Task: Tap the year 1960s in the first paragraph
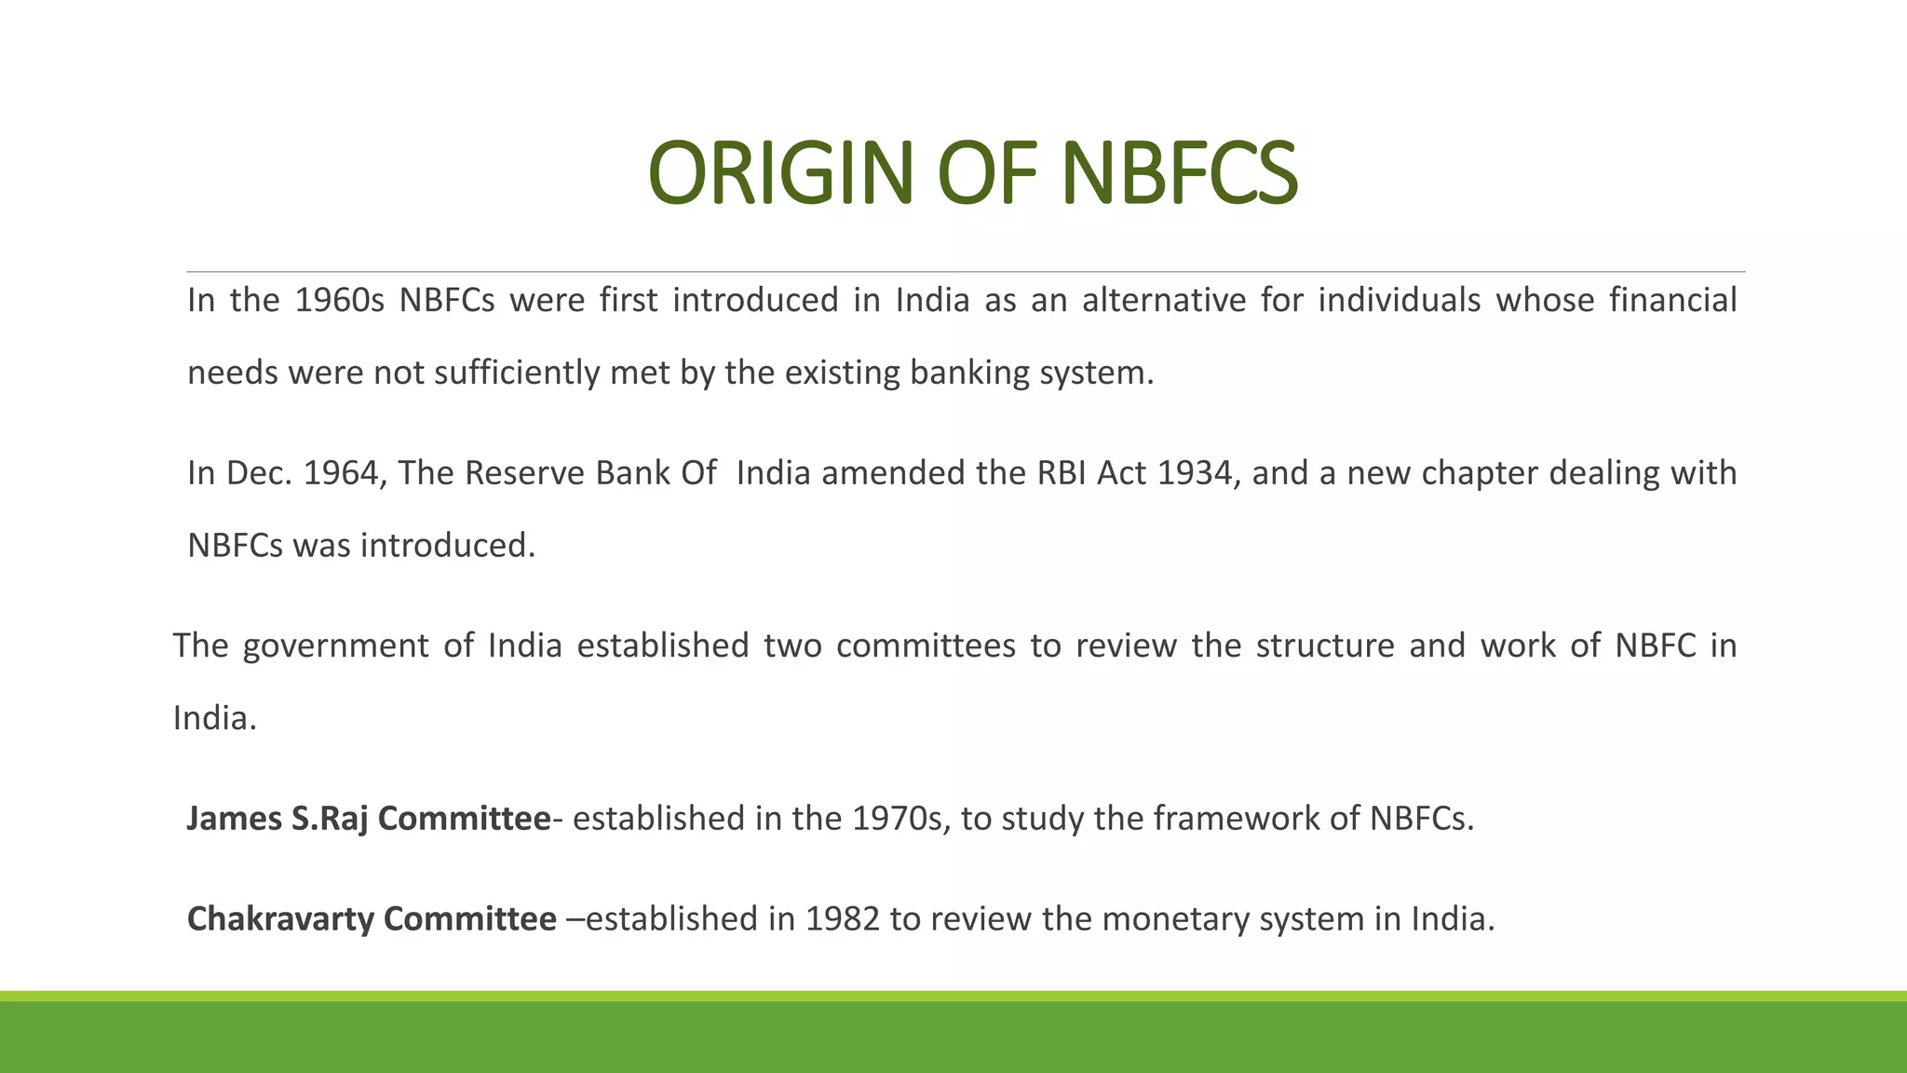pyautogui.click(x=339, y=301)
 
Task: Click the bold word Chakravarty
pyautogui.click(x=280, y=919)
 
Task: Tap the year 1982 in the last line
pyautogui.click(x=842, y=919)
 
